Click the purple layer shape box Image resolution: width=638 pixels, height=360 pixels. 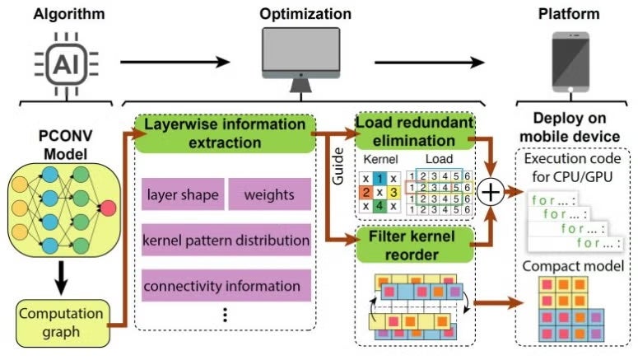coord(182,196)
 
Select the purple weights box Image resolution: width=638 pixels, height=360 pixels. coord(268,196)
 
